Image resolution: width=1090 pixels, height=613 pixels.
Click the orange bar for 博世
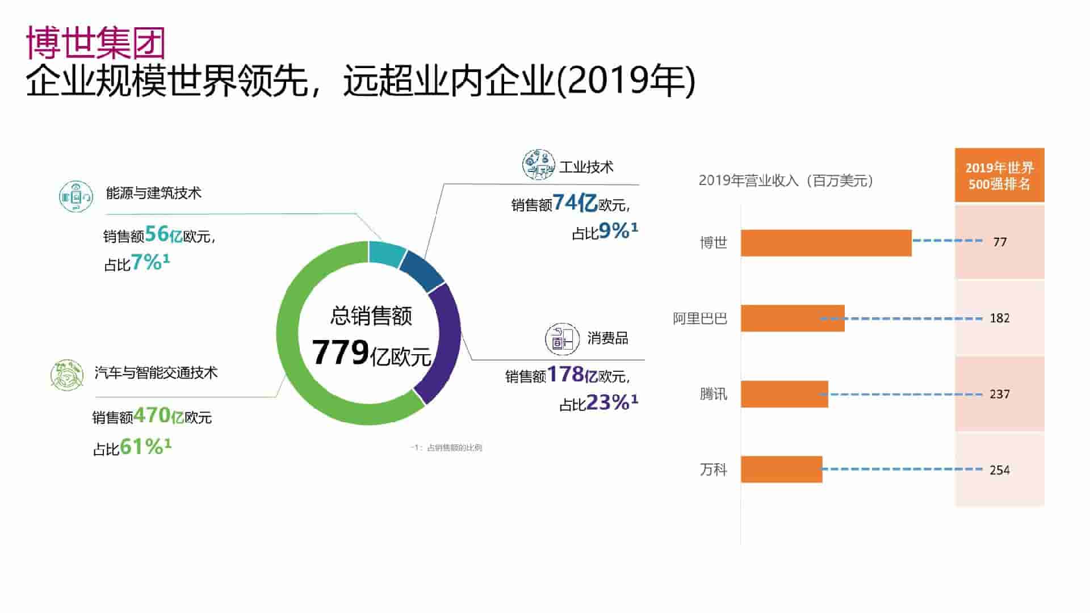[826, 243]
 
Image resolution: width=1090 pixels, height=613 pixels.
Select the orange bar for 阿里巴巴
[793, 318]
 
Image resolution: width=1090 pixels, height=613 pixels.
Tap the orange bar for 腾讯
[784, 394]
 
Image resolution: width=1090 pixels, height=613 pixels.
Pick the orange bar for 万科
[781, 469]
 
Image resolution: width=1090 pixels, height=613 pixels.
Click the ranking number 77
[1000, 242]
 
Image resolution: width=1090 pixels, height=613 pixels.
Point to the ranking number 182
[1000, 318]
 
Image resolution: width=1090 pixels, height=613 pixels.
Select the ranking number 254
[1000, 470]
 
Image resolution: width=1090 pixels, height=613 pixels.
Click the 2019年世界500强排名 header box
[999, 175]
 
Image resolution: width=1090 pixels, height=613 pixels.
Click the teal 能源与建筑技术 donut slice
[385, 253]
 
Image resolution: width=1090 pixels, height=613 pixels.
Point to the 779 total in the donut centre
[341, 352]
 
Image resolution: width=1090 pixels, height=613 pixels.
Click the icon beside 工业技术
[538, 165]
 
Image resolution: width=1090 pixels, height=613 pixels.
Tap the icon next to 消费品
[562, 339]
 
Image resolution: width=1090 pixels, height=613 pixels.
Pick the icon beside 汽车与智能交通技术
[67, 375]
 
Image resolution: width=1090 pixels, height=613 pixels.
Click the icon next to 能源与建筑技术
[76, 196]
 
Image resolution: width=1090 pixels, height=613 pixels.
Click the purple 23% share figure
[607, 403]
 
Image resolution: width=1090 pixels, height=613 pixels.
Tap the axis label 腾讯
[713, 394]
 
